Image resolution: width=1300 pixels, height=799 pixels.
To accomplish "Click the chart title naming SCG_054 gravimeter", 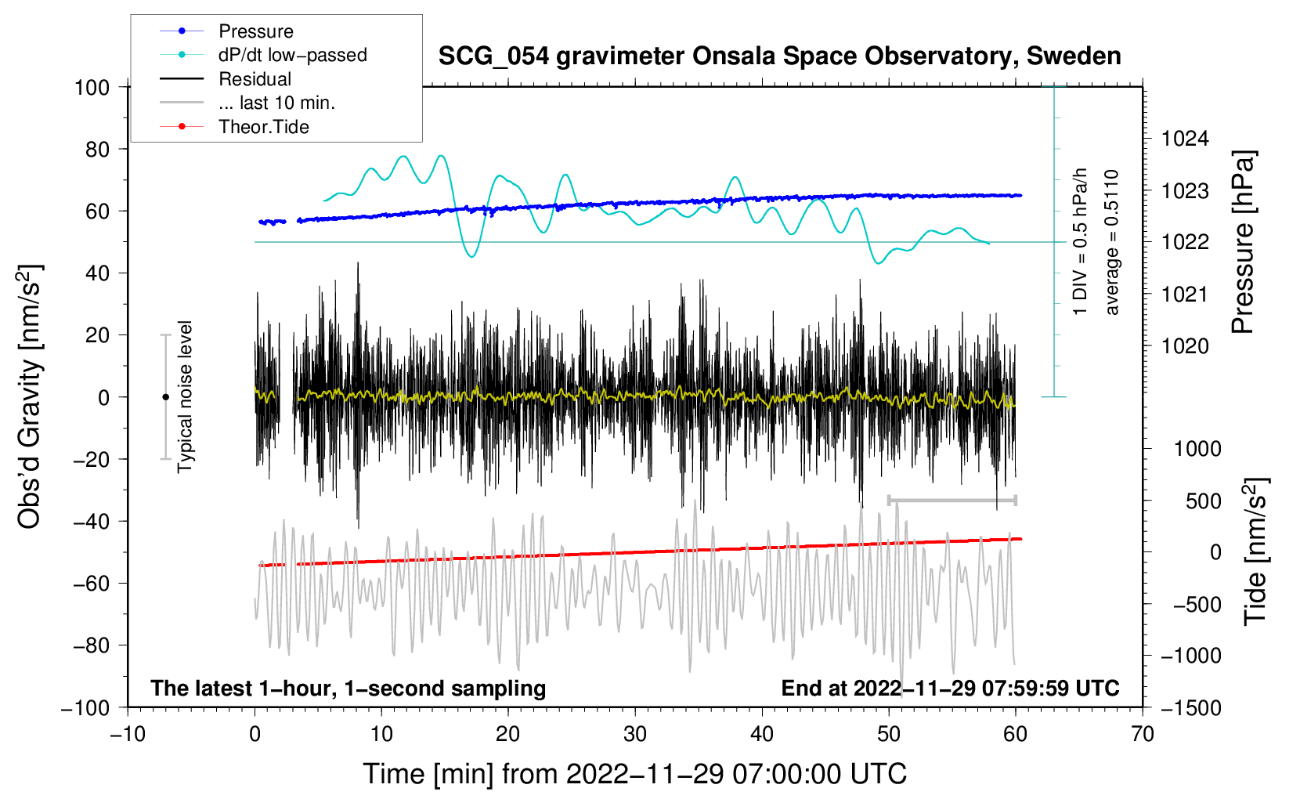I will pyautogui.click(x=779, y=56).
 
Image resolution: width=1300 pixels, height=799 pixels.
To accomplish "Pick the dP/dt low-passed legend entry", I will pyautogui.click(x=292, y=55).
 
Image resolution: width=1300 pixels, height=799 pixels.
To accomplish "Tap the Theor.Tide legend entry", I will pyautogui.click(x=263, y=127).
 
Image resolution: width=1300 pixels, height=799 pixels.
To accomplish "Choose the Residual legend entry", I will pyautogui.click(x=255, y=79).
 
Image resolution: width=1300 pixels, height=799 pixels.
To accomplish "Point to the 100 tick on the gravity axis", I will pyautogui.click(x=92, y=87).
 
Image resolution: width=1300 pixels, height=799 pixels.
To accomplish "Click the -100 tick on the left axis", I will pyautogui.click(x=85, y=707).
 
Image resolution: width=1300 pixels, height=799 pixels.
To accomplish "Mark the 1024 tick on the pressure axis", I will pyautogui.click(x=1185, y=139).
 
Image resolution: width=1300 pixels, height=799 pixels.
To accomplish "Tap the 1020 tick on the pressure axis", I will pyautogui.click(x=1185, y=346).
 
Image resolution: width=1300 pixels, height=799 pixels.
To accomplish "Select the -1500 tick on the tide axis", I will pyautogui.click(x=1191, y=707).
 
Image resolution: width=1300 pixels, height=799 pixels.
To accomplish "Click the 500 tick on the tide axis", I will pyautogui.click(x=1203, y=501).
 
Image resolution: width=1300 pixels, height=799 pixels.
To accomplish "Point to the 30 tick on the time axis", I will pyautogui.click(x=635, y=734).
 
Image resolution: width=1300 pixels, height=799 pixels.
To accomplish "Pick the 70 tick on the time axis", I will pyautogui.click(x=1143, y=734).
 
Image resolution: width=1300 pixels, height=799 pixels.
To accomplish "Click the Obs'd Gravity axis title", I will pyautogui.click(x=29, y=396).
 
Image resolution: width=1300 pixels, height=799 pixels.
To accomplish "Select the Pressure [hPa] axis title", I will pyautogui.click(x=1243, y=242).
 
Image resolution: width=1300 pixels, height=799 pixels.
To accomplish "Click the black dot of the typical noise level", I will pyautogui.click(x=165, y=397).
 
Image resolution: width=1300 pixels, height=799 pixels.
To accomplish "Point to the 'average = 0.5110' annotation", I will pyautogui.click(x=1112, y=242).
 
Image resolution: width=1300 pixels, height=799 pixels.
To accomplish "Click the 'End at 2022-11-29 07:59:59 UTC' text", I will pyautogui.click(x=950, y=688).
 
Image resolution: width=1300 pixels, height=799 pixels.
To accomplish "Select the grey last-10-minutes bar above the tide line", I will pyautogui.click(x=952, y=500).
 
